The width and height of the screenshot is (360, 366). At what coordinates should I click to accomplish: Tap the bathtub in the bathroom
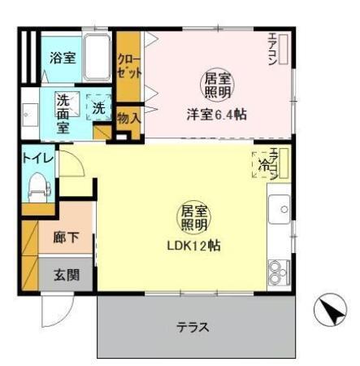tap(97, 55)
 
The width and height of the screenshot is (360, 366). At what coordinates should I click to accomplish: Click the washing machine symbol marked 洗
tap(98, 107)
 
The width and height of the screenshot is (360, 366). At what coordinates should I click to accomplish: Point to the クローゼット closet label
tap(127, 66)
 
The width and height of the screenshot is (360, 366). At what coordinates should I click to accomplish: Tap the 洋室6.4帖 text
tap(217, 115)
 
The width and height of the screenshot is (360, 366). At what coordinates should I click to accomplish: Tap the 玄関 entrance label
tap(65, 274)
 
